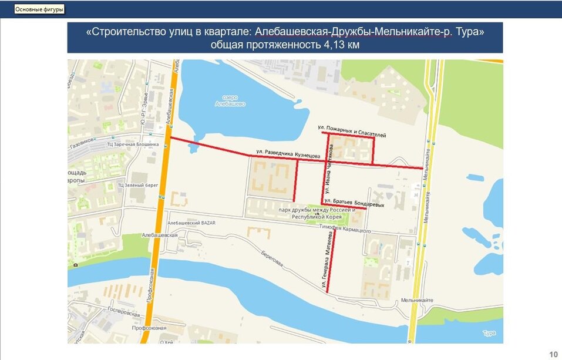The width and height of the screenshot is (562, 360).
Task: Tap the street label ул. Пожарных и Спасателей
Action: tap(351, 130)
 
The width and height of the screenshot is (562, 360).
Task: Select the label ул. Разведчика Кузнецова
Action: tap(288, 154)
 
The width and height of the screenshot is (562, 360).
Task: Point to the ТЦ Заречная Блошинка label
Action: tap(130, 144)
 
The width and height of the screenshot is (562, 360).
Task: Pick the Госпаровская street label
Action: tap(122, 315)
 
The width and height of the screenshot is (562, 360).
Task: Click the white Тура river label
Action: tap(487, 334)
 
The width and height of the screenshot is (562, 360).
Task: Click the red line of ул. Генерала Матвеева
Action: tap(331, 258)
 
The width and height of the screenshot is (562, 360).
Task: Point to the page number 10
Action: tap(553, 354)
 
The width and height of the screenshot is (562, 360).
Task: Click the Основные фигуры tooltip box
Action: tap(39, 10)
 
